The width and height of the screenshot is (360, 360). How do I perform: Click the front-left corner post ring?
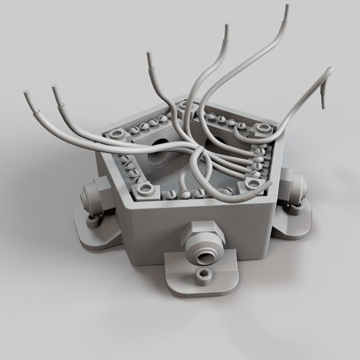click(145, 189)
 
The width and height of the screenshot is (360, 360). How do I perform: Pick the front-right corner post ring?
click(252, 183)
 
